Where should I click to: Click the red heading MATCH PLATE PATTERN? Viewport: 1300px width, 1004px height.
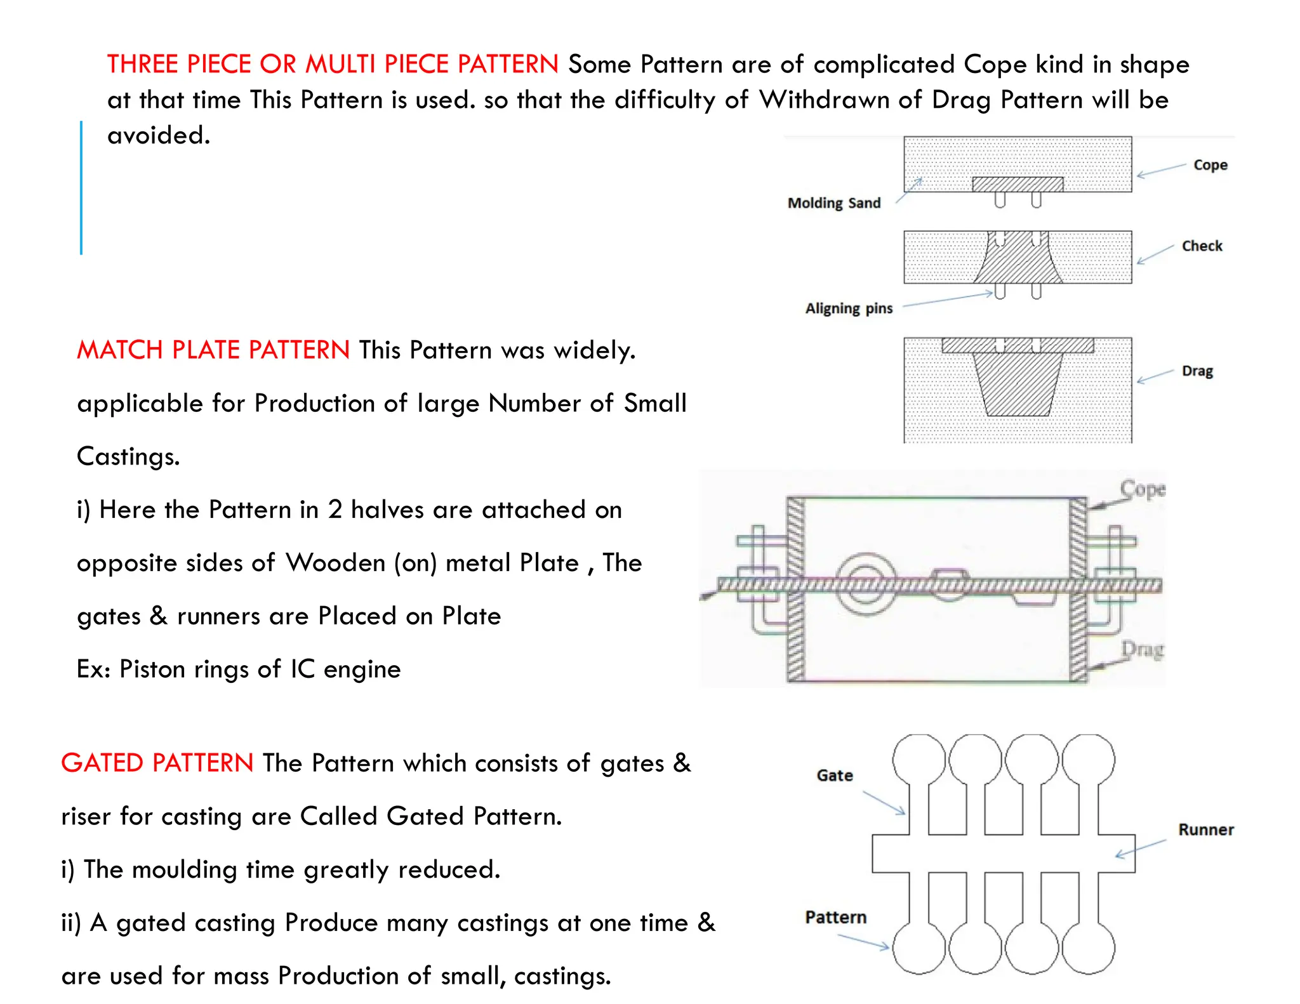click(213, 350)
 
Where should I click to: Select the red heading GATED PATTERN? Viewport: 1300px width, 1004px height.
click(157, 763)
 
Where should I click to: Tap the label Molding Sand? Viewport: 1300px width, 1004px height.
click(833, 203)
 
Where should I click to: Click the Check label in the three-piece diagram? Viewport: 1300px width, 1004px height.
click(1202, 246)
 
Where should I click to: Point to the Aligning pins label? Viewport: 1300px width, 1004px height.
click(849, 308)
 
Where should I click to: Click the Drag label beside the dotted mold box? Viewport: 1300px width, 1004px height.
click(1197, 371)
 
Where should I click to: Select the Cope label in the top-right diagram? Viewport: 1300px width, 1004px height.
click(1210, 165)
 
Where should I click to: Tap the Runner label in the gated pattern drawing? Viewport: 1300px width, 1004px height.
click(1205, 830)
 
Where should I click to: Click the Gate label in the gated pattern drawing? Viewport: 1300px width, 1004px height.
click(834, 776)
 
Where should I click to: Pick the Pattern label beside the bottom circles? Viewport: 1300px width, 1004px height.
click(835, 918)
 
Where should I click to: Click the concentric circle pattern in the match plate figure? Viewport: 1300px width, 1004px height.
click(865, 585)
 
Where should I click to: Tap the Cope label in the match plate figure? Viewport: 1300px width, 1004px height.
click(1143, 489)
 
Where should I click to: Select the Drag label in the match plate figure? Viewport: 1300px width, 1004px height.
click(1142, 649)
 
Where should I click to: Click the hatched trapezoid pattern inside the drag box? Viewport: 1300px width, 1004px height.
click(1018, 384)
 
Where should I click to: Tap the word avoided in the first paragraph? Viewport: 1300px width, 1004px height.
click(158, 136)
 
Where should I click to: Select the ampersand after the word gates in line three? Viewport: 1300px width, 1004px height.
click(158, 616)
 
